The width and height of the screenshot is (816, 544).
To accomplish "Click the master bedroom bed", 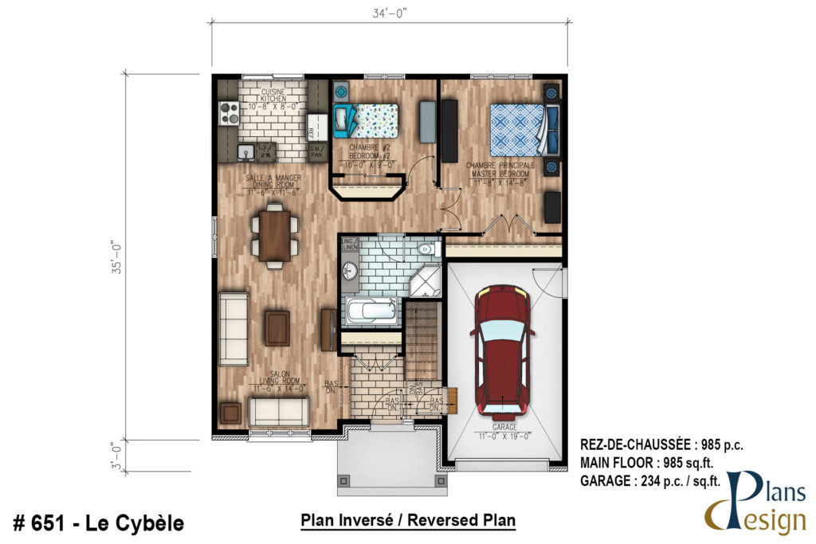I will (x=519, y=130).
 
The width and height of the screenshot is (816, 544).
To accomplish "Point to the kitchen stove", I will (x=229, y=114).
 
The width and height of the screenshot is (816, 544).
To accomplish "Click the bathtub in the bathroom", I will (x=371, y=311).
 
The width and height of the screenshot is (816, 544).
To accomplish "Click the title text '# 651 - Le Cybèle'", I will (x=99, y=523).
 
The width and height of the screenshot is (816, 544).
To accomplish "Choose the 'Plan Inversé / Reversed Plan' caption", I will (x=408, y=521).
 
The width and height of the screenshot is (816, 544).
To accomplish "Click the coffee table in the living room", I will (x=277, y=328).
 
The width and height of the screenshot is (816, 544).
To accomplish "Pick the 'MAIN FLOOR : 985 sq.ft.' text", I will (x=658, y=463).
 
